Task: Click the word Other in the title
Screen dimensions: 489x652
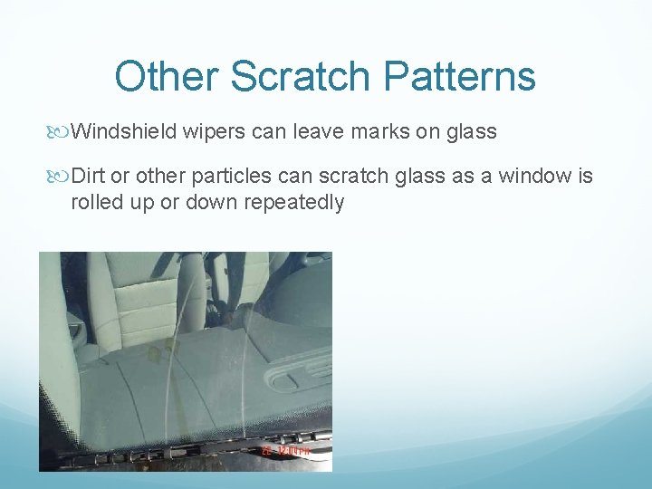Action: (167, 76)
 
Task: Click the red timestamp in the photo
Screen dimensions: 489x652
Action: (286, 449)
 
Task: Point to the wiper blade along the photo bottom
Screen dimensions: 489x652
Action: (181, 447)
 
